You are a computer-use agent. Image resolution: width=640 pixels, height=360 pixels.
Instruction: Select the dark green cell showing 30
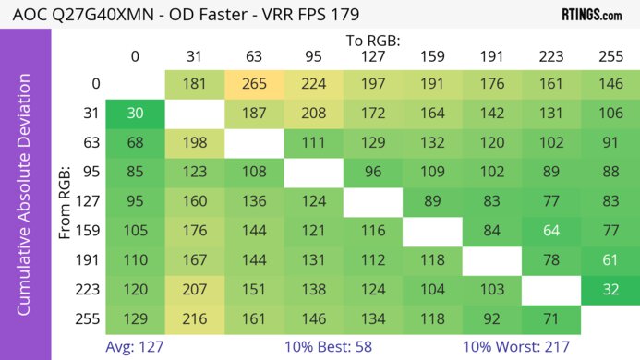coord(135,114)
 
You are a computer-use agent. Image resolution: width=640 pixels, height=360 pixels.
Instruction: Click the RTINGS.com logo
coord(591,15)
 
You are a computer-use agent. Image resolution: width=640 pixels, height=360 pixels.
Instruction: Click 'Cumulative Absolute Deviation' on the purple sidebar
coord(25,201)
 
